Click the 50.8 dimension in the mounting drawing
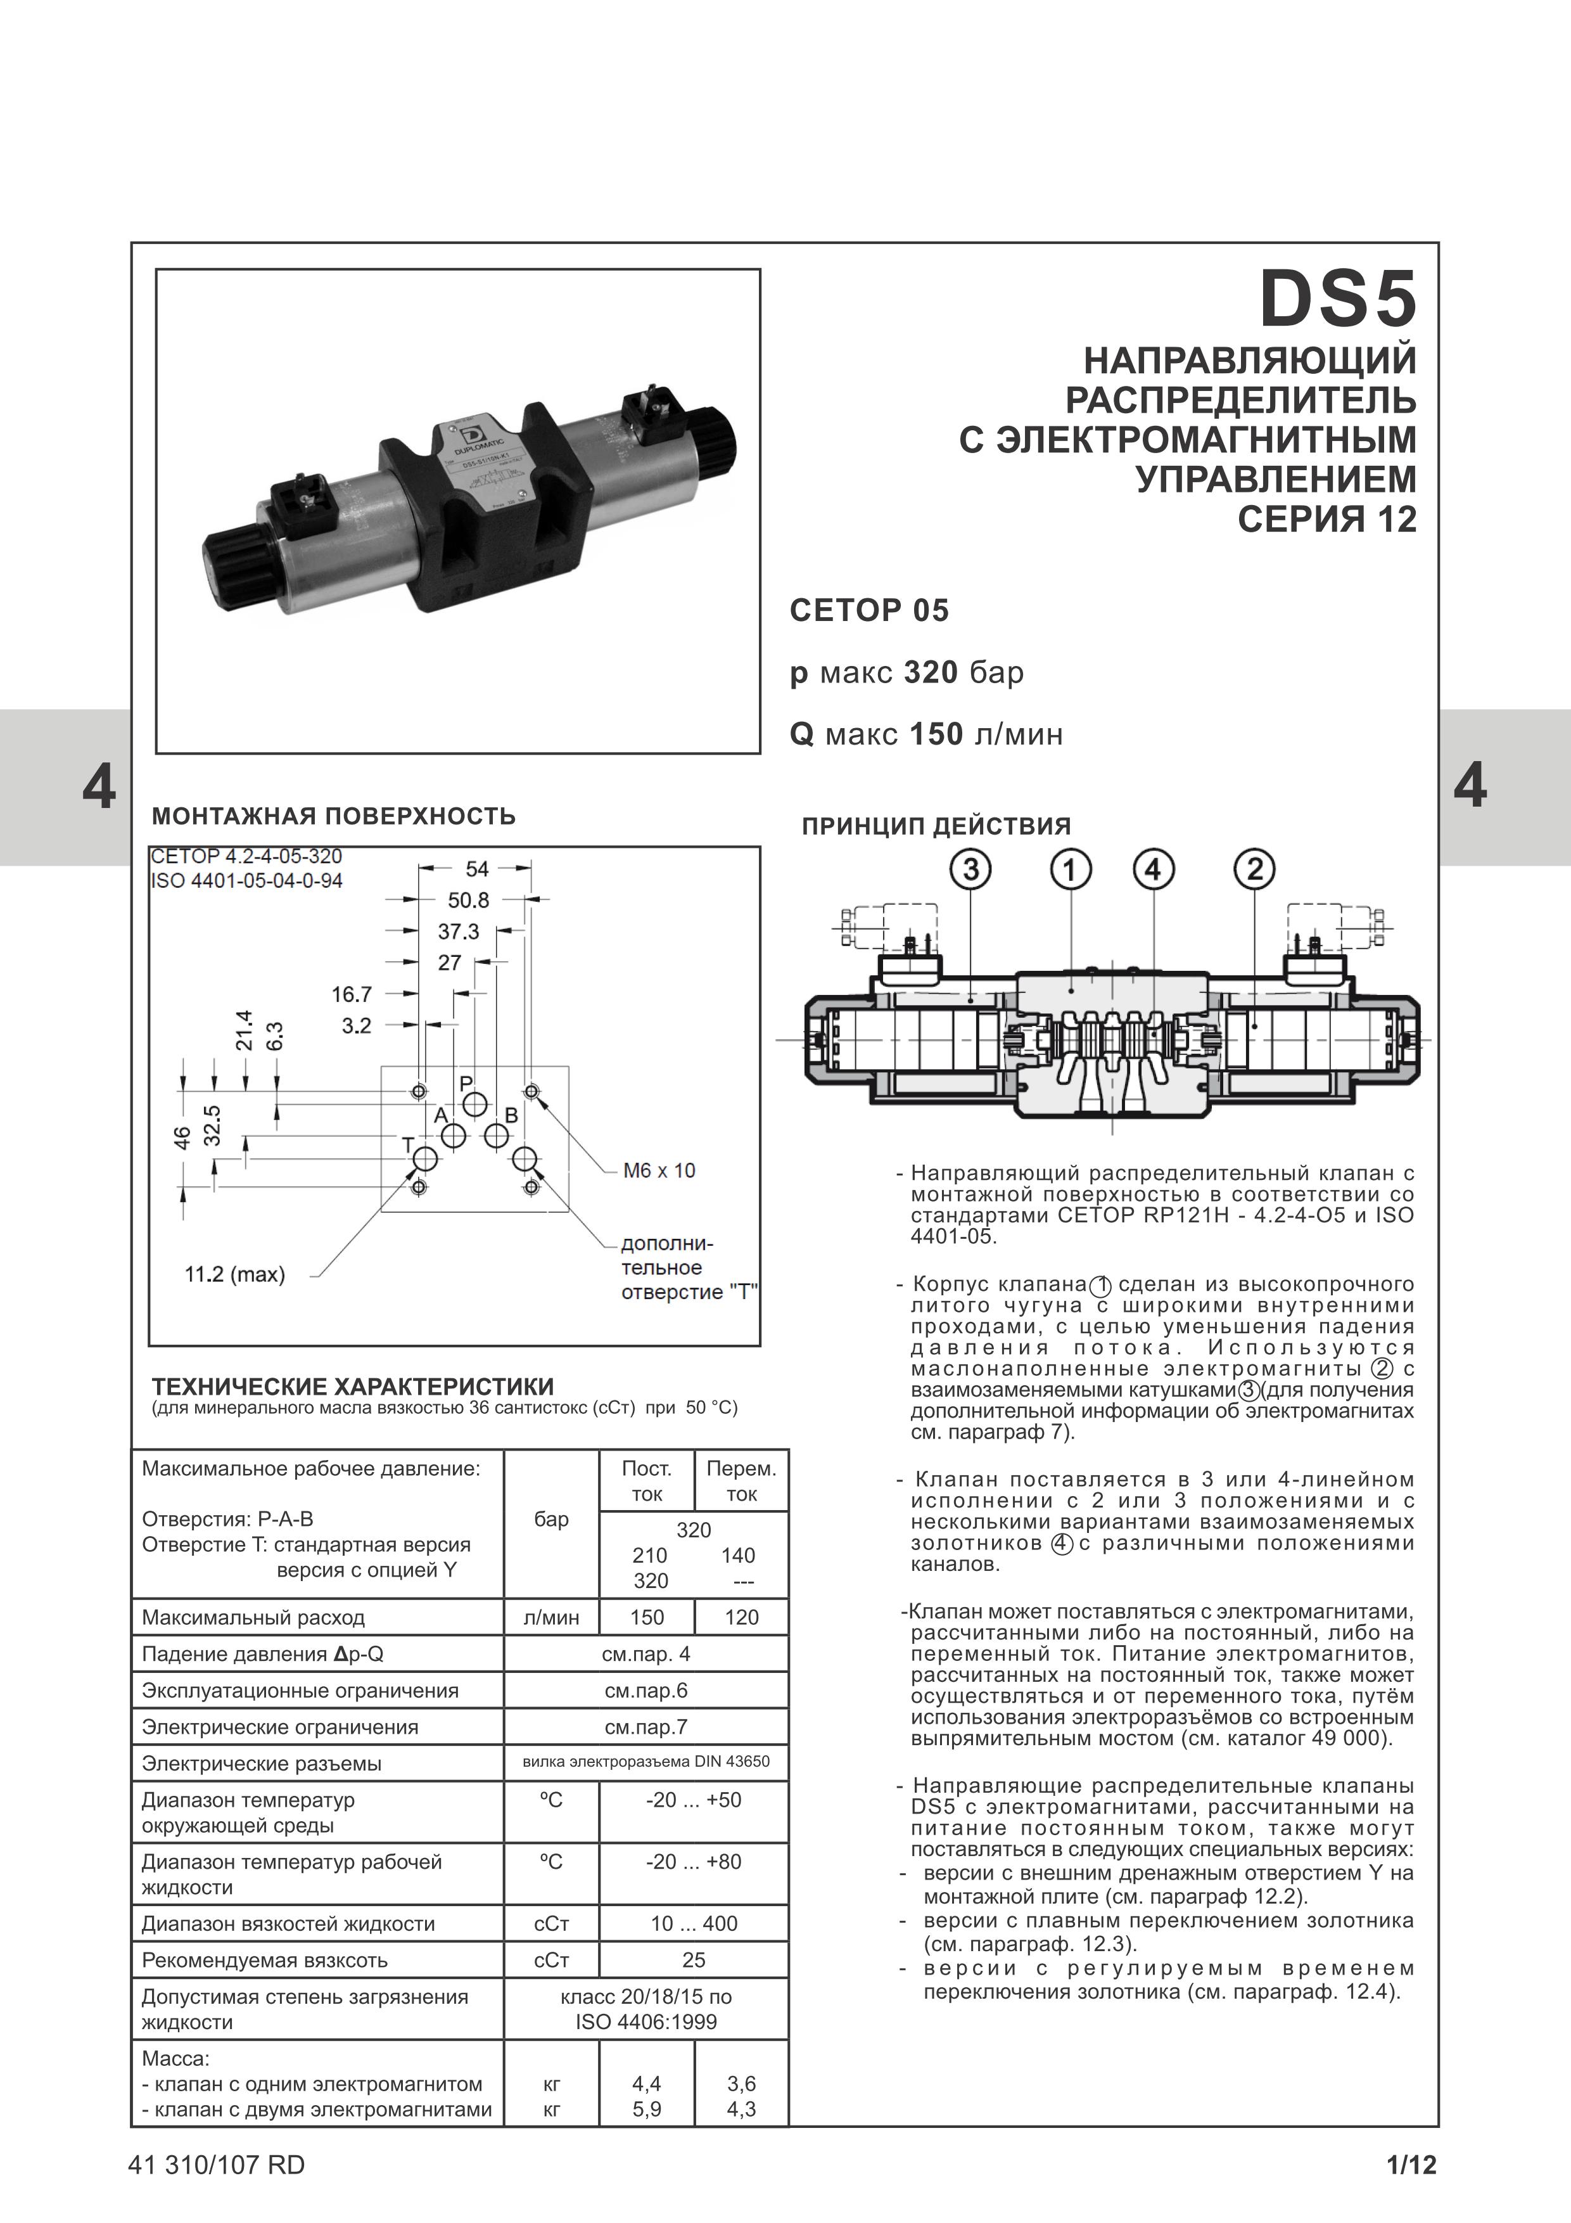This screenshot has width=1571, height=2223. [469, 900]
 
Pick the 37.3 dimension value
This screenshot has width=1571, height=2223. [459, 932]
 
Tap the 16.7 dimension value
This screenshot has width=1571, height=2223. [352, 994]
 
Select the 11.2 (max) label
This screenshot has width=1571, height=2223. [234, 1274]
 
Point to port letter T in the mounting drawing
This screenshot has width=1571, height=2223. [407, 1145]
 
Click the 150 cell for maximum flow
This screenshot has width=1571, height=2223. [647, 1617]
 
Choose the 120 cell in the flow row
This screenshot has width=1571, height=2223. [741, 1617]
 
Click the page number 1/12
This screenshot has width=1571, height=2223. [1411, 2165]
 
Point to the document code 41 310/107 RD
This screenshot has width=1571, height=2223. [216, 2165]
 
